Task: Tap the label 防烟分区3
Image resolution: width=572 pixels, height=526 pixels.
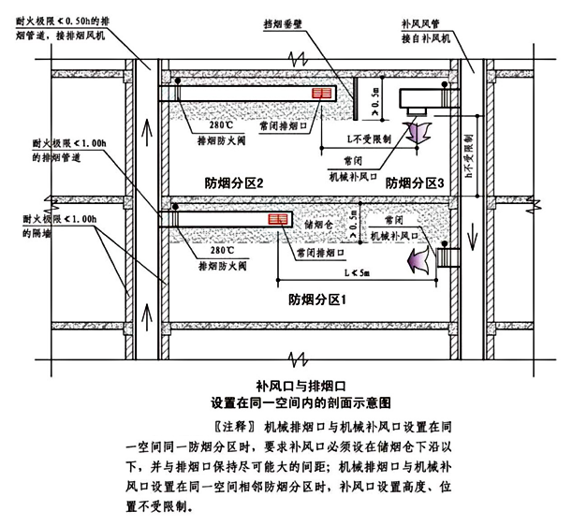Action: click(x=415, y=184)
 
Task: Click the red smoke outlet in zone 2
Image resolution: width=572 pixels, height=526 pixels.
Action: click(x=323, y=95)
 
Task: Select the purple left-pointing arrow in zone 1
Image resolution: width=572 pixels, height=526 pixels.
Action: click(x=418, y=259)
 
